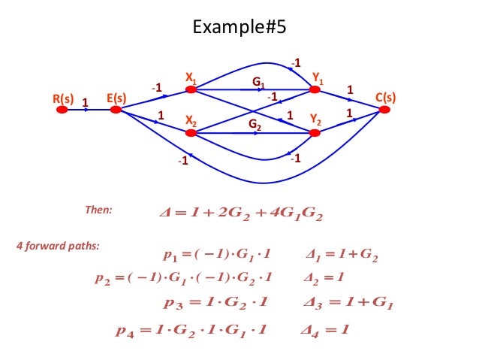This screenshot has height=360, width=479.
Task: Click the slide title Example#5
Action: pos(239,29)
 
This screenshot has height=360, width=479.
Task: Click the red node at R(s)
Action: pos(62,109)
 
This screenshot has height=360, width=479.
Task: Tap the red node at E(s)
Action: pos(116,109)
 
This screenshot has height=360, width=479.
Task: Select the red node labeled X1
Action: pos(191,89)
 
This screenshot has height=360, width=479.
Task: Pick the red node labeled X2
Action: pos(191,133)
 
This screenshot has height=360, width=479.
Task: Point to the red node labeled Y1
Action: pos(315,89)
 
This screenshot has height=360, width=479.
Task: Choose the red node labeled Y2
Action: pos(315,133)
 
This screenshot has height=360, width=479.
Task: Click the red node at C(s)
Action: pos(384,109)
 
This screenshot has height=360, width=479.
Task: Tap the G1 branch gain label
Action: pos(258,81)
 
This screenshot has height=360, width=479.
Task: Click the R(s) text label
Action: pos(63,98)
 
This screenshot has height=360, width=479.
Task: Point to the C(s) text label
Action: pos(385,98)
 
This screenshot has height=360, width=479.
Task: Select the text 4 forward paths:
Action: pos(58,245)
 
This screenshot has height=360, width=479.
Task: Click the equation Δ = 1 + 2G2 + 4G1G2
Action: pos(236,216)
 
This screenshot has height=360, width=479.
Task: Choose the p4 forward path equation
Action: pos(191,329)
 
